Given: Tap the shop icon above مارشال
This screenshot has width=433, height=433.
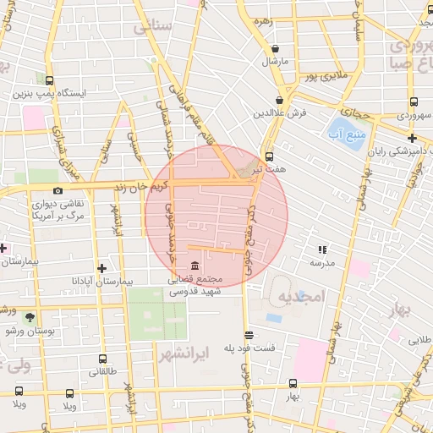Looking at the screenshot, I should pyautogui.click(x=276, y=47).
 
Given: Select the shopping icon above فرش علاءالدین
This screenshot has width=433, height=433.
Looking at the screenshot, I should pyautogui.click(x=278, y=98).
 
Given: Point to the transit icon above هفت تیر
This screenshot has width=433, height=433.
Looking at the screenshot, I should pyautogui.click(x=270, y=156).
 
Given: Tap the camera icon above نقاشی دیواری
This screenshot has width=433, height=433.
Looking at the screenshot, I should pyautogui.click(x=58, y=191).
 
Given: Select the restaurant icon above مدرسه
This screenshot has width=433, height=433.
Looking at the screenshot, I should pyautogui.click(x=322, y=249).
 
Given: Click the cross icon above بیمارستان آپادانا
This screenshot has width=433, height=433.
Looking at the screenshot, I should pyautogui.click(x=101, y=267).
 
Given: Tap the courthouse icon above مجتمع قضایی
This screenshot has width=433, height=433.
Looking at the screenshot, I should pyautogui.click(x=196, y=267).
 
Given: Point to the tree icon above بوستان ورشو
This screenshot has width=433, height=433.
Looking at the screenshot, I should pyautogui.click(x=30, y=316).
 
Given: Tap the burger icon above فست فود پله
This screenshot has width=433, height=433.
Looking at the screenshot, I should pyautogui.click(x=248, y=335).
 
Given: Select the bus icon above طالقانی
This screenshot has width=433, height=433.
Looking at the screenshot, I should pyautogui.click(x=103, y=359).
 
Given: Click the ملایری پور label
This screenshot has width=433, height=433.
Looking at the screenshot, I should pyautogui.click(x=323, y=77).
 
